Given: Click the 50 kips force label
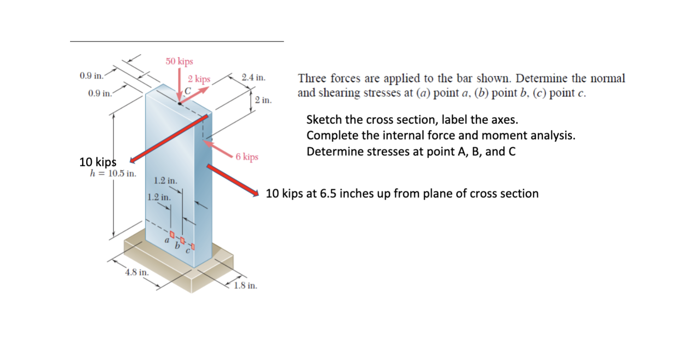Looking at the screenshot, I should point(179,61).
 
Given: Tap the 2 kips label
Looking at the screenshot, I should point(199,79).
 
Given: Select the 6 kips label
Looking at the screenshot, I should point(247,157).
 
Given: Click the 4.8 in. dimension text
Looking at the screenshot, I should point(137,272).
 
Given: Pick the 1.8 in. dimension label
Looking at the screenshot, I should point(246,286).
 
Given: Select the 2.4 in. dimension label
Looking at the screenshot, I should point(253,77).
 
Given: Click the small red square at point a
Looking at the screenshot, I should point(172,234).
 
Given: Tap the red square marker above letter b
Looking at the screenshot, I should point(183,239).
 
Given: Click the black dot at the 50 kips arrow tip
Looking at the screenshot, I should point(180,103).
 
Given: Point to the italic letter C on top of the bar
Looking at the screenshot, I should point(187,90).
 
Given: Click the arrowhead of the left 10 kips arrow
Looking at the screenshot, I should point(132,160).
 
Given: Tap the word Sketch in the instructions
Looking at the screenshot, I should point(324,120).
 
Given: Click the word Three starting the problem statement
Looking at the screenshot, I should point(311,78).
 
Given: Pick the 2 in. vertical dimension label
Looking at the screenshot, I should point(263,100).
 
